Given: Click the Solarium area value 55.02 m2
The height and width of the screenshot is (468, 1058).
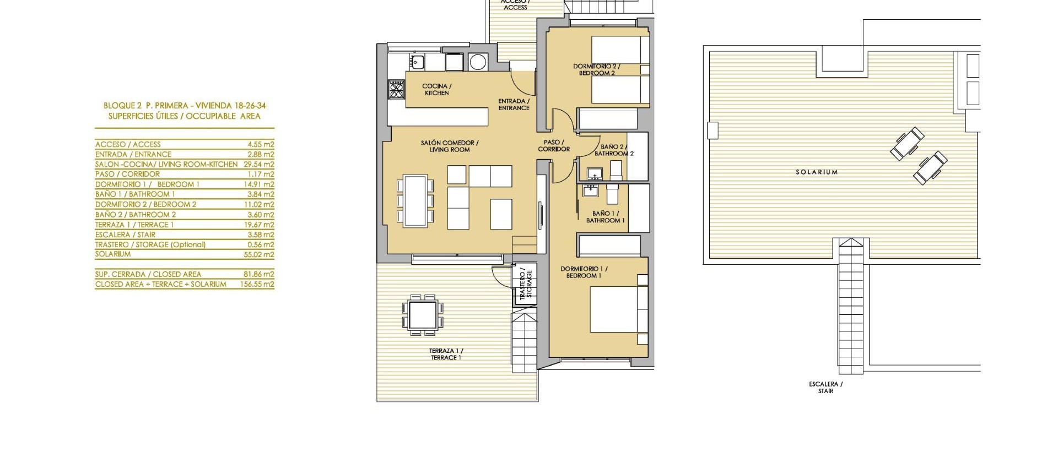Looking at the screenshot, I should pyautogui.click(x=261, y=254).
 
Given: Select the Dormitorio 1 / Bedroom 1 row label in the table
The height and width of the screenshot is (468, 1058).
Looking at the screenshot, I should pyautogui.click(x=147, y=184).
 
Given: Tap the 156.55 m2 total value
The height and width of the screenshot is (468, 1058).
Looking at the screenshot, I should pyautogui.click(x=261, y=285).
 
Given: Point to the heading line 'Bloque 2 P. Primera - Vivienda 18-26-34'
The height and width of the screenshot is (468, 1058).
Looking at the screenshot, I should pyautogui.click(x=185, y=106).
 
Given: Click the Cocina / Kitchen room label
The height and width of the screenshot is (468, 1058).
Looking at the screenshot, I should pyautogui.click(x=437, y=90).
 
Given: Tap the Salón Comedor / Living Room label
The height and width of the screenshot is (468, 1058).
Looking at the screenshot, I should pyautogui.click(x=450, y=146).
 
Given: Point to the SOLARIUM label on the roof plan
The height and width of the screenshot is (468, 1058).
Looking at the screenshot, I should pyautogui.click(x=816, y=172).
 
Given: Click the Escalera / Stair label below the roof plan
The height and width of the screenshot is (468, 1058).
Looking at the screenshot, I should pyautogui.click(x=825, y=388).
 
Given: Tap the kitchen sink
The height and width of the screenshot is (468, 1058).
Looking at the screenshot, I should pyautogui.click(x=417, y=62).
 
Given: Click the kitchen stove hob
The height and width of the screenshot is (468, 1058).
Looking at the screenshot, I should pyautogui.click(x=396, y=89).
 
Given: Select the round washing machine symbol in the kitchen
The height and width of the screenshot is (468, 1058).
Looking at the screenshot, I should pyautogui.click(x=478, y=62).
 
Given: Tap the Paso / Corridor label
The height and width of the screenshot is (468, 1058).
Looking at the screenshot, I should pyautogui.click(x=554, y=146).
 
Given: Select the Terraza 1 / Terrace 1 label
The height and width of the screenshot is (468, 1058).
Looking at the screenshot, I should pyautogui.click(x=446, y=354).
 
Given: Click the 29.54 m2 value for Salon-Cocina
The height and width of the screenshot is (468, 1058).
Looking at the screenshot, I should pyautogui.click(x=258, y=164).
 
